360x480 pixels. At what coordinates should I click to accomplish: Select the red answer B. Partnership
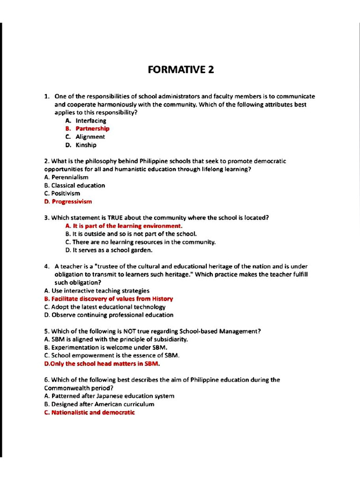pos(88,128)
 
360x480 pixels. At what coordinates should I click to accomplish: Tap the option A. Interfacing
pos(86,120)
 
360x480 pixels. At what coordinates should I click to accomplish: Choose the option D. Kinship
pos(81,145)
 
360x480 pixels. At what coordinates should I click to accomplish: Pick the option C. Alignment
pos(85,137)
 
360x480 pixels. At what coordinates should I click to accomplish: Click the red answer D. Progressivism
pos(68,202)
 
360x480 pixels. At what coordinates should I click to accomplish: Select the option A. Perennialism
pos(66,177)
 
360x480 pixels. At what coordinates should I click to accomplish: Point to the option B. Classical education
pos(75,185)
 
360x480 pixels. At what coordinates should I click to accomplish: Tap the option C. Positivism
pos(62,193)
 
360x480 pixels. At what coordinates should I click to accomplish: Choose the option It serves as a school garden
pos(109,250)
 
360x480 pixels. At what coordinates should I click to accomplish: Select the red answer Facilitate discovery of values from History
pos(108,299)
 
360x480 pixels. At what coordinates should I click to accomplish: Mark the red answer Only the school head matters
pos(102,363)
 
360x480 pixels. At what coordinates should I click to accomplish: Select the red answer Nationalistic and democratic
pos(89,412)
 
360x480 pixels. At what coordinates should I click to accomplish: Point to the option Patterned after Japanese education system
pos(109,396)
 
